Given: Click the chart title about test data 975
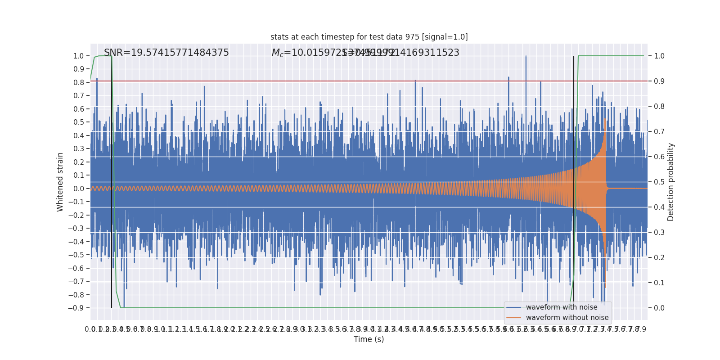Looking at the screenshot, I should point(369,37).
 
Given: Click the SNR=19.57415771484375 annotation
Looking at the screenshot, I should point(166,53).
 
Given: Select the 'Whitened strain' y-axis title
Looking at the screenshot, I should point(60,182).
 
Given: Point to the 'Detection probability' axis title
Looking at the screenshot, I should point(671,182).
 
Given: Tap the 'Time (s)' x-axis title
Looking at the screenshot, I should point(369,339).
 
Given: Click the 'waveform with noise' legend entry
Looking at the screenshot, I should point(562,307).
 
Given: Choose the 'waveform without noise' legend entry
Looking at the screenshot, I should point(567,318).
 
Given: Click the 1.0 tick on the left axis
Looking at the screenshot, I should point(78,56).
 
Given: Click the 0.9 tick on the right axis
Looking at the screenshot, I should point(659,81).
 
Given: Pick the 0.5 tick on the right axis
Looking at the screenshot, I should point(659,182).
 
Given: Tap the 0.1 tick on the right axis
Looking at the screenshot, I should point(659,283).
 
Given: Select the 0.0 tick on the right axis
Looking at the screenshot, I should point(659,308).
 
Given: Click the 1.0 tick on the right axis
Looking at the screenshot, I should point(659,56).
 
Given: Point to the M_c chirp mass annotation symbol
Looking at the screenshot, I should point(277,53).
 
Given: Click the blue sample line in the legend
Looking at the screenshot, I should point(513,307).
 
